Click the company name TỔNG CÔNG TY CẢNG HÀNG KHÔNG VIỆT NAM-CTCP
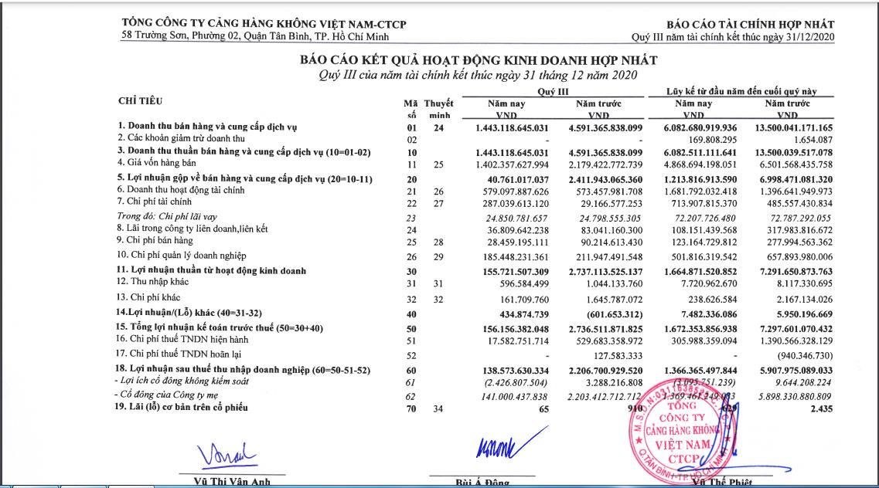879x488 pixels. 264,25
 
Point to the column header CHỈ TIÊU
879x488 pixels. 140,101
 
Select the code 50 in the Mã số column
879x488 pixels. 411,328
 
